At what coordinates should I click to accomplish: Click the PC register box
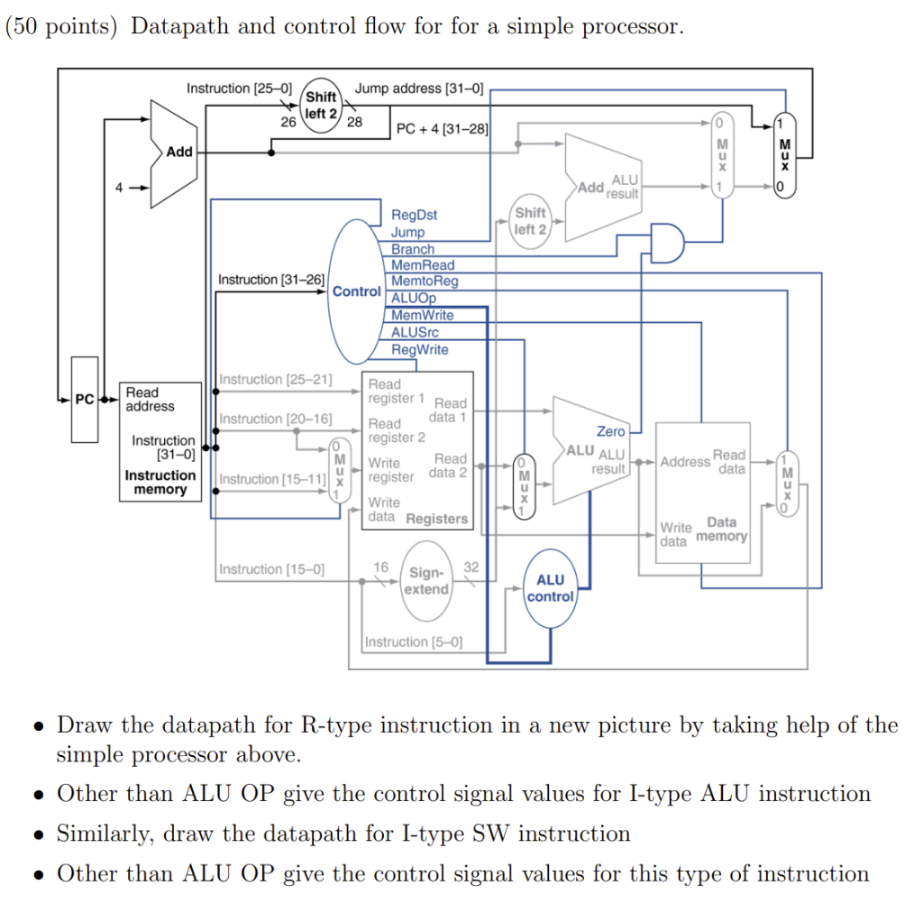[84, 411]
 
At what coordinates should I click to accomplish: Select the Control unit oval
[356, 291]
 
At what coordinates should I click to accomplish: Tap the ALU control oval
[550, 588]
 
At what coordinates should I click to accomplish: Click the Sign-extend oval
[425, 581]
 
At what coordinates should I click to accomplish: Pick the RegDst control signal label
[414, 215]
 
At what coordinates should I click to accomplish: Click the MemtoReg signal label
[424, 281]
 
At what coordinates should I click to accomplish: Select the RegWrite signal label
[419, 349]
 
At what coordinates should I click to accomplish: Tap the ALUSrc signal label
[415, 332]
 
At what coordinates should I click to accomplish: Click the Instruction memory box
[160, 441]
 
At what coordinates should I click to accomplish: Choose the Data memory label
[721, 530]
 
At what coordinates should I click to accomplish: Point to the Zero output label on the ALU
[610, 432]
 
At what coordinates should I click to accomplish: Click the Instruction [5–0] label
[414, 642]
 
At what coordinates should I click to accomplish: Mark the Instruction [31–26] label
[271, 280]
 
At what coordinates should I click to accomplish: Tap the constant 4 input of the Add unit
[117, 188]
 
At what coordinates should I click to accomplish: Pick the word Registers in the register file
[437, 519]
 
